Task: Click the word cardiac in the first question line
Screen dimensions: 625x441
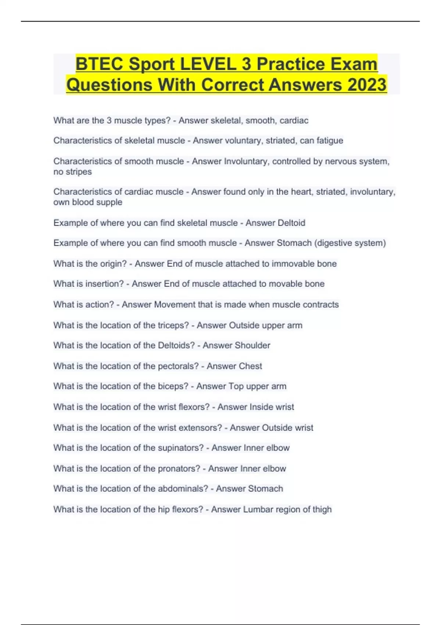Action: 294,121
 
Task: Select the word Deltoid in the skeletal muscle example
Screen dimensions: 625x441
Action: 291,223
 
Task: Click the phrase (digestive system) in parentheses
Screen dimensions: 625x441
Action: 350,243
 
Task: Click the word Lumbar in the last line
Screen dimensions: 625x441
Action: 258,510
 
